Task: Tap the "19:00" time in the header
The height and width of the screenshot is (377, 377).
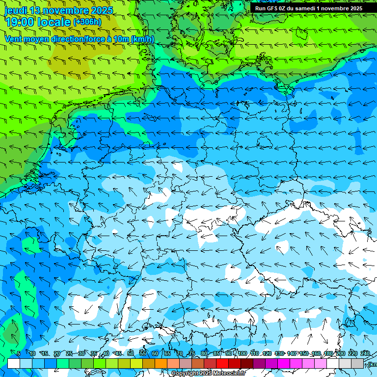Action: [19, 22]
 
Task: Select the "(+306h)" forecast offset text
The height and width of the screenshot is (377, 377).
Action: [87, 22]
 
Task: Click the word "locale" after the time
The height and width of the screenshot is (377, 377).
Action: [54, 22]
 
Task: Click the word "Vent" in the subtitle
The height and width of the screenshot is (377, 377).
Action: [14, 39]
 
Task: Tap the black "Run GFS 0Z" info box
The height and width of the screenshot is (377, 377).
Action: [308, 8]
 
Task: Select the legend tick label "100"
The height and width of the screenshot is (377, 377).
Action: [242, 353]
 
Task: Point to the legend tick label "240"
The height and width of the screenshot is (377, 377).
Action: [365, 353]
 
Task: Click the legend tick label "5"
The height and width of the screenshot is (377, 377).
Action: [18, 353]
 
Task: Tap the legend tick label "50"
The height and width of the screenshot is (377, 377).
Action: [131, 353]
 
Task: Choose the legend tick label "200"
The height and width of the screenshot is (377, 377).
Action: [340, 353]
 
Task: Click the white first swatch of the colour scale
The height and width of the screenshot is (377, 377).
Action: [14, 363]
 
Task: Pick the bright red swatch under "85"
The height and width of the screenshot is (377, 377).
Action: [222, 363]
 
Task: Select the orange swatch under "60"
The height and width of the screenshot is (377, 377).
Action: [161, 363]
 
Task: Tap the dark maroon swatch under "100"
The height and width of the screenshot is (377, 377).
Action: [247, 363]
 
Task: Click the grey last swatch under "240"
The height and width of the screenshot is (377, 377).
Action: [357, 363]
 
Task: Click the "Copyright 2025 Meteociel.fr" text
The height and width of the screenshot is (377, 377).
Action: [208, 374]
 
